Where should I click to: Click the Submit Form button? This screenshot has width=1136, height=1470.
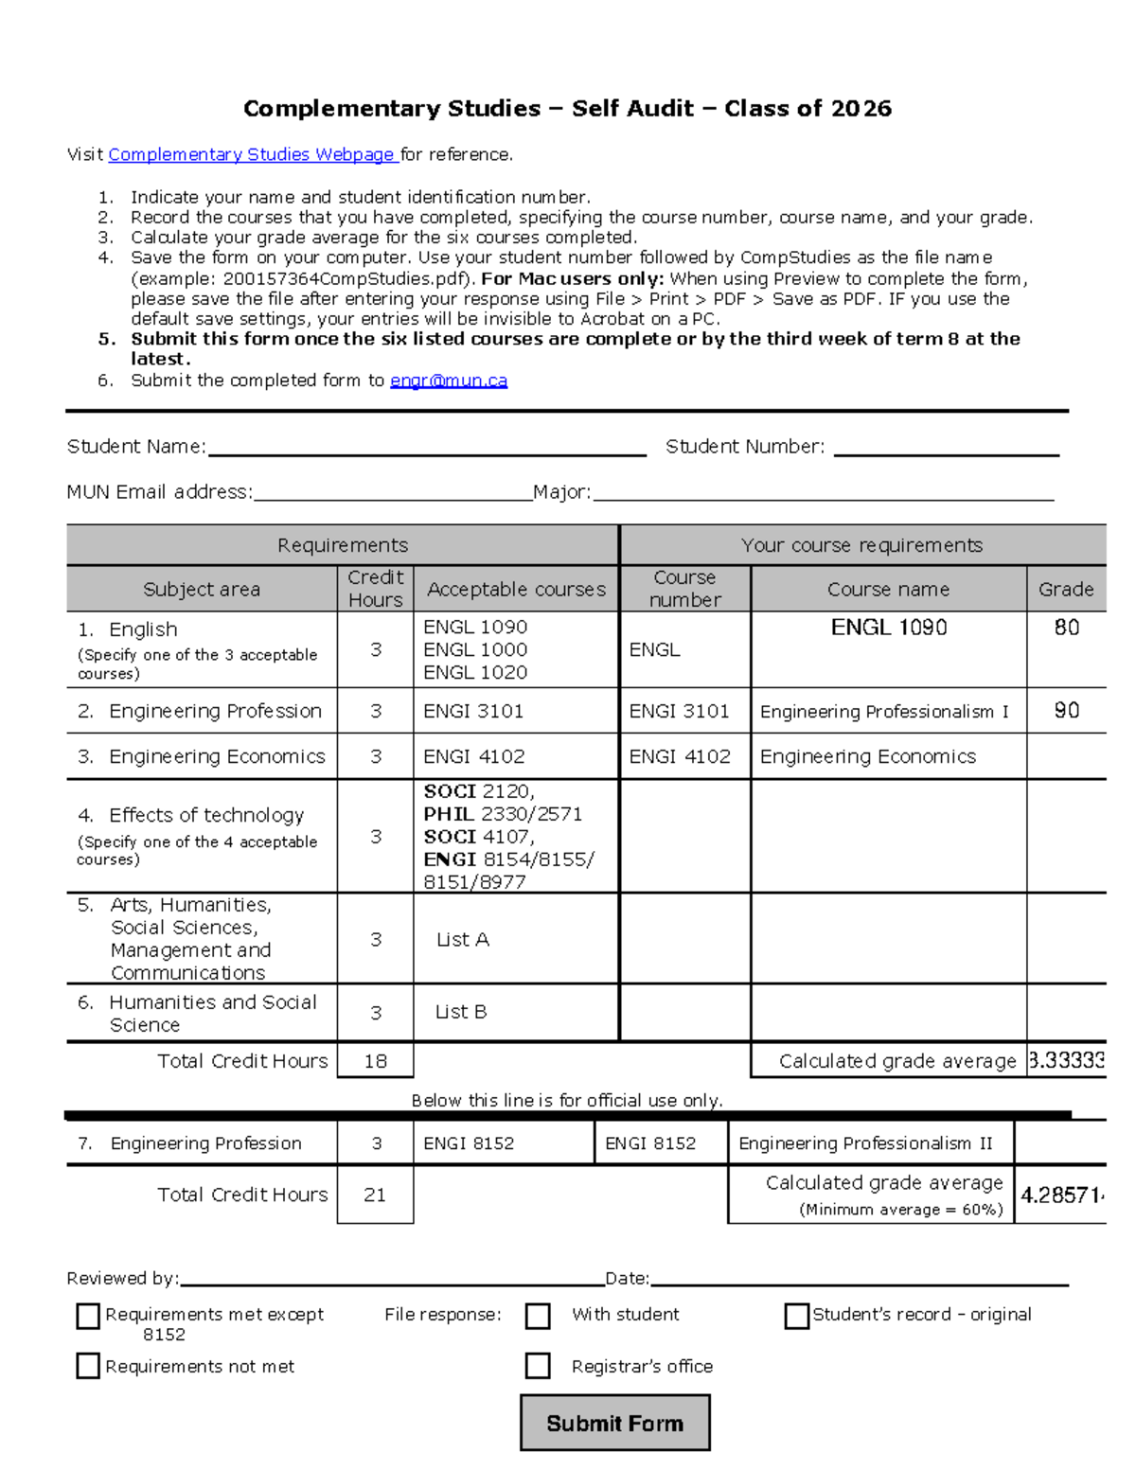614,1422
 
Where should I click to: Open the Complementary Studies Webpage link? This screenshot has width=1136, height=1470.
252,154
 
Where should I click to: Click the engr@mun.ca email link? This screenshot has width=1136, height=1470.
449,381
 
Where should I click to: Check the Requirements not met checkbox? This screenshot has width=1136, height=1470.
88,1365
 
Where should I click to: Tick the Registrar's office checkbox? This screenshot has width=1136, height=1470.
538,1365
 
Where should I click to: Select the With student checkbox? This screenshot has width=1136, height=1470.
538,1316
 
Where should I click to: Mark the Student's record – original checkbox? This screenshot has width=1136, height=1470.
797,1316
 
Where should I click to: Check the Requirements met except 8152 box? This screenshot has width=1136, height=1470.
88,1316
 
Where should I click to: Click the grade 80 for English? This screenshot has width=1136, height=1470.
1066,628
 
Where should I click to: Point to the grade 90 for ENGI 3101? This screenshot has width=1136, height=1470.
1066,711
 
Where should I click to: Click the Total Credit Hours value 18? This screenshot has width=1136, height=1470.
375,1061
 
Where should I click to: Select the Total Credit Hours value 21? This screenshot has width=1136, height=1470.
375,1195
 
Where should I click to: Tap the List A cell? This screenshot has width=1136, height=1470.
462,940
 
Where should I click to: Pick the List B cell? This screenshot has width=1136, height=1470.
460,1012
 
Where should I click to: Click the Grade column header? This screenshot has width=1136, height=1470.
1066,589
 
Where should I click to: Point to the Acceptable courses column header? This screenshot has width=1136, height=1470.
516,589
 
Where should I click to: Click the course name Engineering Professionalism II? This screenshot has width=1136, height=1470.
865,1143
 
